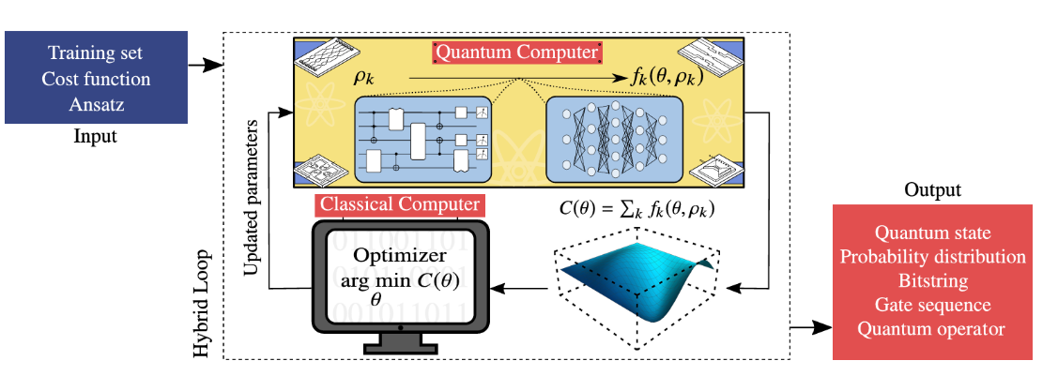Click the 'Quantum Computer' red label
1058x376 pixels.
[516, 53]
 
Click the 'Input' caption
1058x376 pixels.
[95, 137]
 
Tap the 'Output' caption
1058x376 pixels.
[932, 189]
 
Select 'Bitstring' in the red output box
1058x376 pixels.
[932, 280]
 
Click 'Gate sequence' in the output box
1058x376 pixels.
[932, 305]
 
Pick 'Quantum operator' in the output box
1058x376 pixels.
[932, 329]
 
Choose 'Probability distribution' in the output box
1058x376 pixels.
[932, 256]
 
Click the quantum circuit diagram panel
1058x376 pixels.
[422, 139]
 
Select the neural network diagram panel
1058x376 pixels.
[615, 139]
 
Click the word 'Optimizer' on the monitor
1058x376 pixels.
[400, 256]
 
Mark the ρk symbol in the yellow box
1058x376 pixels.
[365, 81]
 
